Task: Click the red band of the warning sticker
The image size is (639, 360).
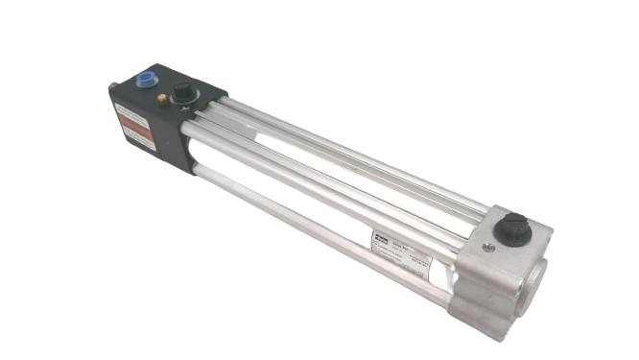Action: pos(132,125)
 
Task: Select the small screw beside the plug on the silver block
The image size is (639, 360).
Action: pos(489,248)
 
